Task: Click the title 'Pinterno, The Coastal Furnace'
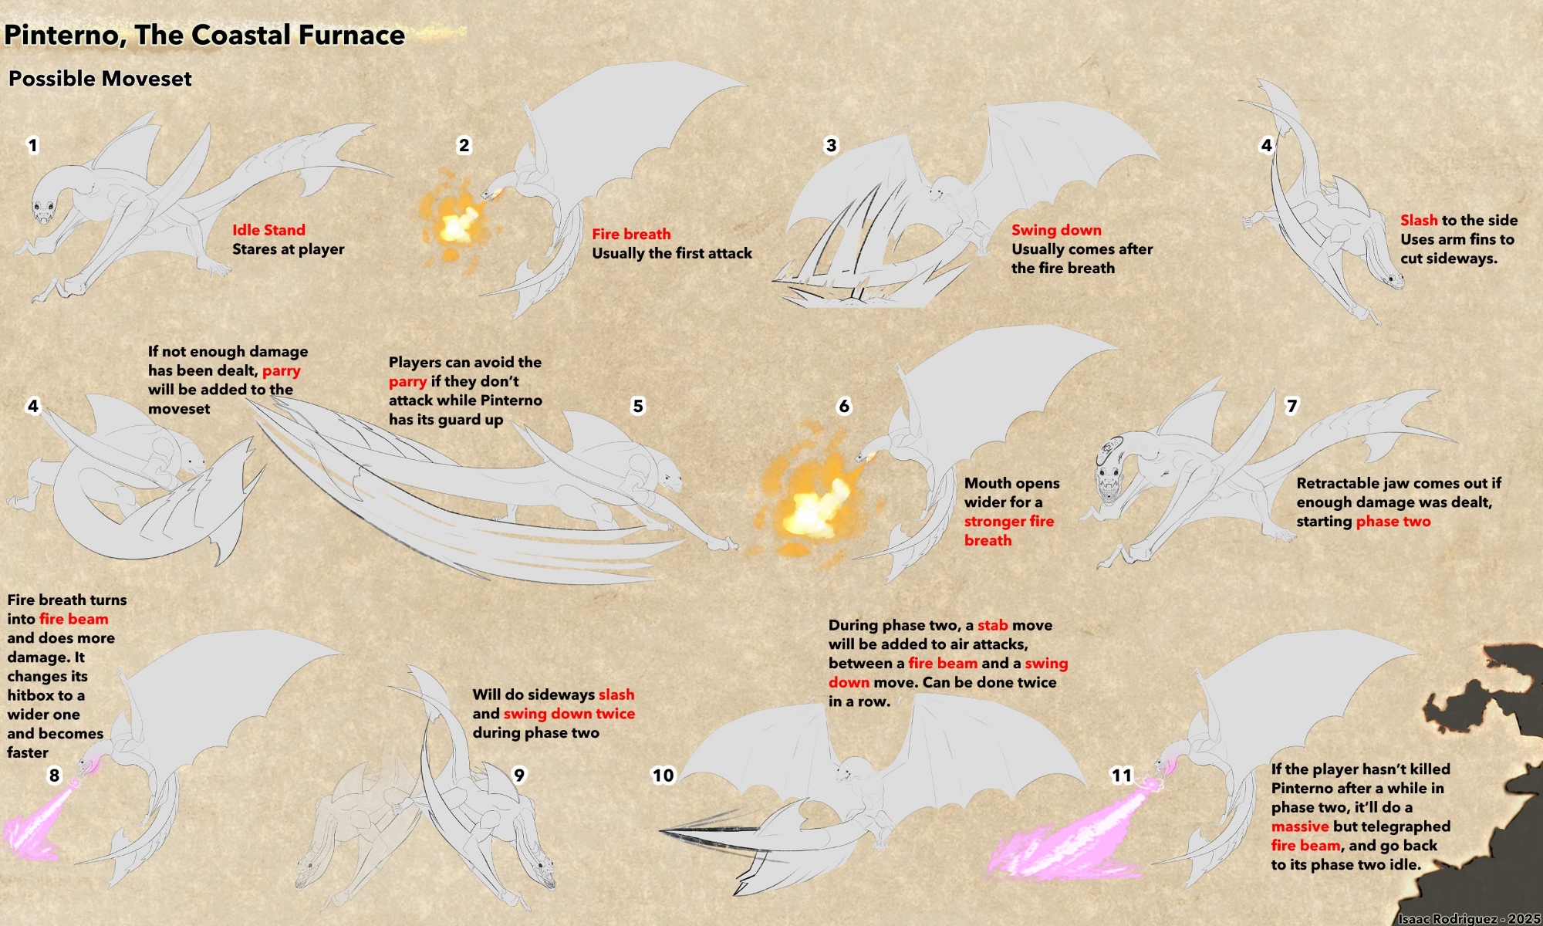(204, 35)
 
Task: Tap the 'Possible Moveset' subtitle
(100, 79)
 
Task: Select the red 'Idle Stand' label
(268, 230)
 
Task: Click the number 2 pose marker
(464, 145)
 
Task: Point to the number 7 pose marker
(1292, 406)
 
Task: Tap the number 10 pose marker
(663, 776)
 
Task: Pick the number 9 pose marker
(519, 776)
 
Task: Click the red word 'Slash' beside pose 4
(1419, 221)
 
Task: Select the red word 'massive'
(1300, 826)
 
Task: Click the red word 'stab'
(993, 625)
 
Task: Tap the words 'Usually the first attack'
(672, 253)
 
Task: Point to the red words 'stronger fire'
(1009, 522)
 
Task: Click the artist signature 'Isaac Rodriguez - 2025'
(1469, 918)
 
